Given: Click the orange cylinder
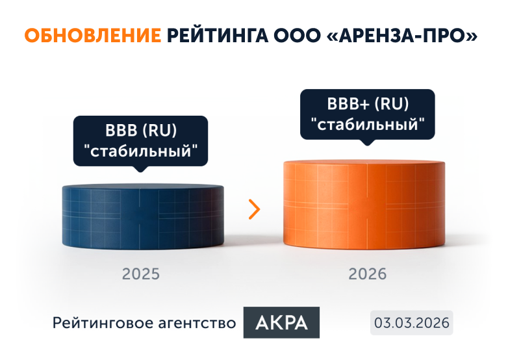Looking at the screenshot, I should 364,208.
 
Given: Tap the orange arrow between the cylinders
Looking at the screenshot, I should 254,209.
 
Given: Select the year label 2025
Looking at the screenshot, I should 140,274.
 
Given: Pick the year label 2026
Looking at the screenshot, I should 367,274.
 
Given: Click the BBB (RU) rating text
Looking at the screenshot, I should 141,129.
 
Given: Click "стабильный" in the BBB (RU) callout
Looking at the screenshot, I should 141,152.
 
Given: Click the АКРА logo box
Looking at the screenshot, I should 281,322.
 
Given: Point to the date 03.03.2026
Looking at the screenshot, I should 411,322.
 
